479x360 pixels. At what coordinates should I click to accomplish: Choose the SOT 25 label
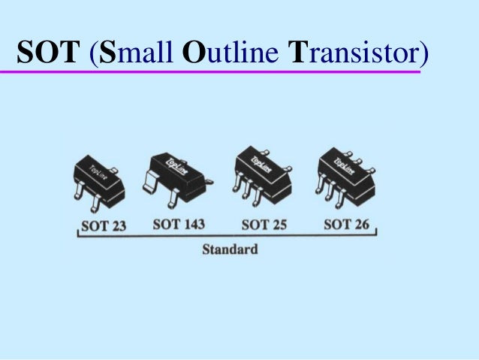(x=264, y=223)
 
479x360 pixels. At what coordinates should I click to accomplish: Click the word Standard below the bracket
(x=230, y=249)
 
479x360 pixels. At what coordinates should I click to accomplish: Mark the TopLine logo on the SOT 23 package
(x=98, y=174)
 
